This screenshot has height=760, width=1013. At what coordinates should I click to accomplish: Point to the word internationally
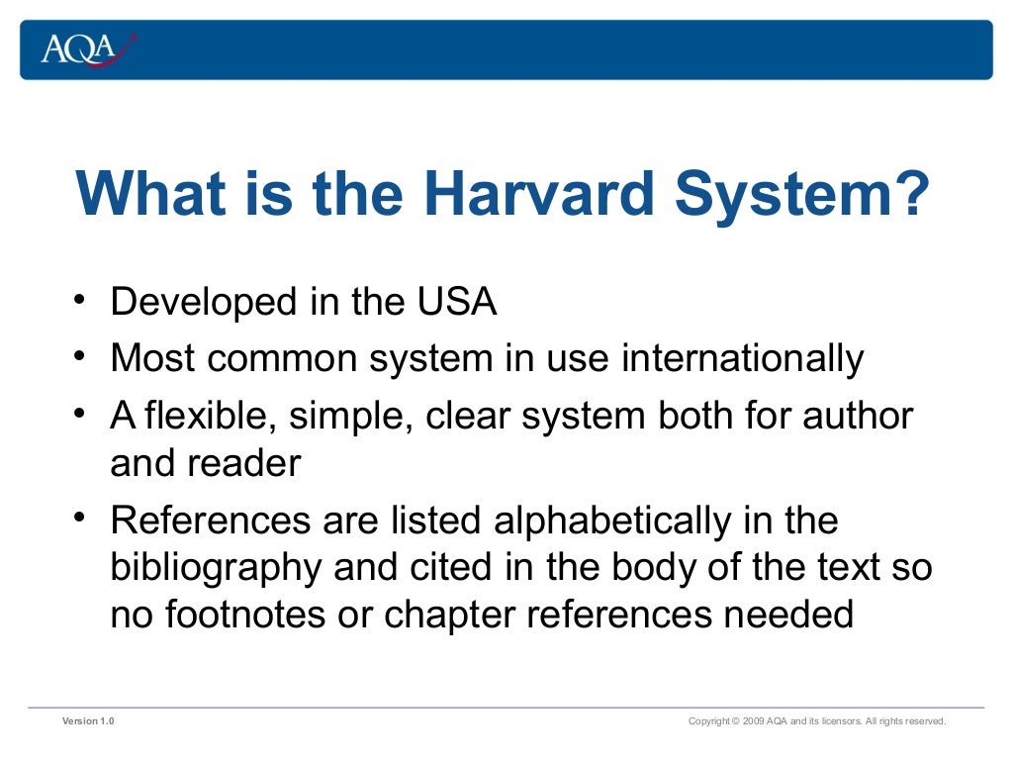coord(743,358)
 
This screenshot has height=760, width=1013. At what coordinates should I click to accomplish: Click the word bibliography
coord(217,568)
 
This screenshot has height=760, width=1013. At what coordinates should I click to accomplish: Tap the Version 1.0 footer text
coord(88,721)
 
